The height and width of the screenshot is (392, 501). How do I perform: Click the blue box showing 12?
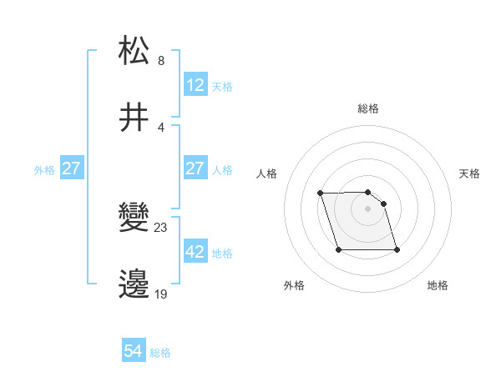[x=195, y=85]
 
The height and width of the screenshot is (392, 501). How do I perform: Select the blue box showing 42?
[x=195, y=252]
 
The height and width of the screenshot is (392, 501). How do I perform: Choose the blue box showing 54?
[x=134, y=352]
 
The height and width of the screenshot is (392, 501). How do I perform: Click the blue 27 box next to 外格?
[x=72, y=168]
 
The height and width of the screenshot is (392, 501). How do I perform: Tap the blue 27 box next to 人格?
[x=195, y=168]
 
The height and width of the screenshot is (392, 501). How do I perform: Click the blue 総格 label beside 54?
[x=160, y=353]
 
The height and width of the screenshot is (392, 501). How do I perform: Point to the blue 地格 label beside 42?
[x=222, y=253]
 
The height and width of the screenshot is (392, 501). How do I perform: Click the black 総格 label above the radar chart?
[x=368, y=108]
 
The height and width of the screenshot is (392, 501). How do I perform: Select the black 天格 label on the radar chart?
[x=469, y=173]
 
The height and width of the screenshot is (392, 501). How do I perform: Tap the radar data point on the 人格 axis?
[x=321, y=193]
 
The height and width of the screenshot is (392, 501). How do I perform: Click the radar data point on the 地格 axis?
[x=397, y=249]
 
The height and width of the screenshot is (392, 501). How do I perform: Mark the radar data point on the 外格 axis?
[x=338, y=249]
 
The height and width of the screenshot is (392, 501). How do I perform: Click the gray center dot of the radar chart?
[x=367, y=209]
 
